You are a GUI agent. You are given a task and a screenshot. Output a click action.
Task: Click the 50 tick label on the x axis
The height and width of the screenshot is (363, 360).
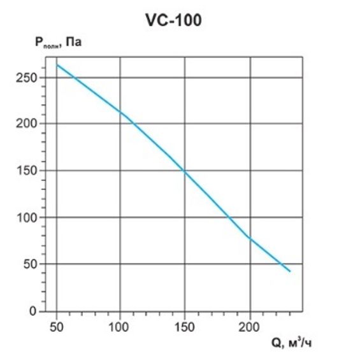coord(57,327)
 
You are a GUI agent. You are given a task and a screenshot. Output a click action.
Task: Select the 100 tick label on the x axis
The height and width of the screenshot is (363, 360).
coord(120,327)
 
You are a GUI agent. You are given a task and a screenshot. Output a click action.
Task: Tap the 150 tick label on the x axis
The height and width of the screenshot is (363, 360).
coord(185,327)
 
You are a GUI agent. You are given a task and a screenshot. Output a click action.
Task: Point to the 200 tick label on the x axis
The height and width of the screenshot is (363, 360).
coord(249,327)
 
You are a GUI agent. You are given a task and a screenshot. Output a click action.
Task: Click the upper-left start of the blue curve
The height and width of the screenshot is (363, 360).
coord(57,64)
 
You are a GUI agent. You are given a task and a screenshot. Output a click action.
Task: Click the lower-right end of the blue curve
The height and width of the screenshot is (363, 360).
coord(290,271)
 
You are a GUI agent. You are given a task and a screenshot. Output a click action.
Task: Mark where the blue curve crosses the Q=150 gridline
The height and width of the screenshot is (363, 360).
coord(185,171)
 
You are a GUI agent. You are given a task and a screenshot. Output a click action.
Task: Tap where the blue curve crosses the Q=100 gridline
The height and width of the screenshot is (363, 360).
coord(120,112)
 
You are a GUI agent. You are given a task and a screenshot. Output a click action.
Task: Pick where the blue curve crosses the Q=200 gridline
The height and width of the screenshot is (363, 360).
coord(250,239)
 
